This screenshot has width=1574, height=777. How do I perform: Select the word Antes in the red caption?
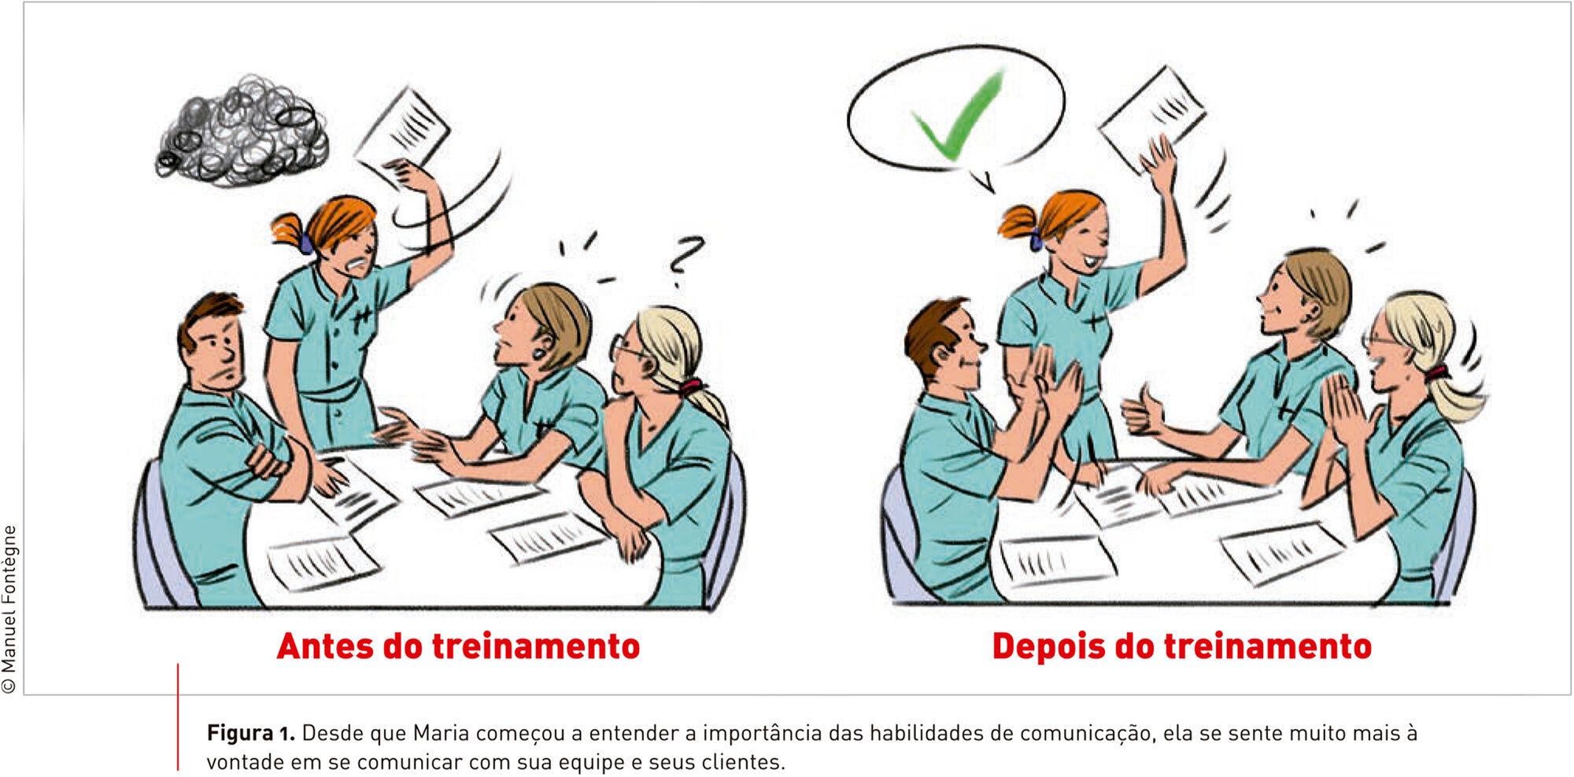pos(325,646)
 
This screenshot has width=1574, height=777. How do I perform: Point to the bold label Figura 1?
pos(250,734)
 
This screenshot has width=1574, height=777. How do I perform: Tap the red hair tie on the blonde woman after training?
pos(1436,372)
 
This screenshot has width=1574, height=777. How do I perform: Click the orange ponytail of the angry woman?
pos(290,231)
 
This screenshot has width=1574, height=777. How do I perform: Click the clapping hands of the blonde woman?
pos(1346,409)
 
